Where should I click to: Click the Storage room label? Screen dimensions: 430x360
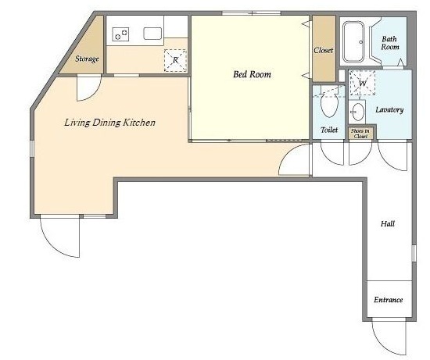[87, 59]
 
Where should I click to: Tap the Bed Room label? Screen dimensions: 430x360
[252, 74]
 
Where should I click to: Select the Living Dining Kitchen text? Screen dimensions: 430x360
[109, 123]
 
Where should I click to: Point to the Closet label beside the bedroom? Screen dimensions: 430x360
[324, 51]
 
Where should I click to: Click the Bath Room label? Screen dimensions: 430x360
[390, 43]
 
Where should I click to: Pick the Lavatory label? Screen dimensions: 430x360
[389, 110]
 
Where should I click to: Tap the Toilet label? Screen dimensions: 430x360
[329, 130]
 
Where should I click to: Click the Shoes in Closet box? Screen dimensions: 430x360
[360, 134]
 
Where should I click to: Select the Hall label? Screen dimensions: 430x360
[388, 224]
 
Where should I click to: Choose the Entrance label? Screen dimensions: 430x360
[389, 300]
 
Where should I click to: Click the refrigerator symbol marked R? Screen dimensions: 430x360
[175, 60]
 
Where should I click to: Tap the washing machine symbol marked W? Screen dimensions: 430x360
[362, 83]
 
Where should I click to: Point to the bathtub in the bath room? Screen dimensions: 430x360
[353, 41]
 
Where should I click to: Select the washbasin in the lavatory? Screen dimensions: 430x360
[358, 112]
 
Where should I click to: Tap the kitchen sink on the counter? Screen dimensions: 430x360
[152, 34]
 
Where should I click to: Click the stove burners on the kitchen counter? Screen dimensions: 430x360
[120, 34]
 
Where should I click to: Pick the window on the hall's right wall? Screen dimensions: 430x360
[414, 253]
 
